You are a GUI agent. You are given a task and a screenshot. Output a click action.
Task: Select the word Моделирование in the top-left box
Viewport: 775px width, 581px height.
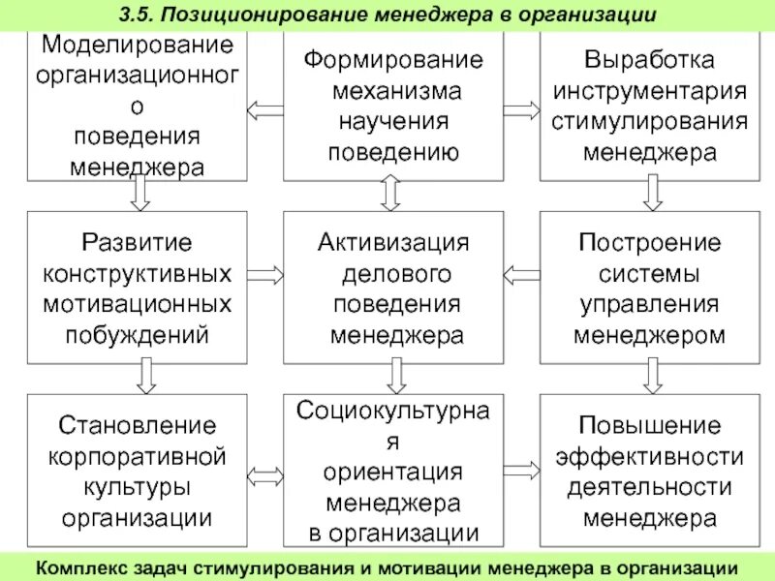click(x=138, y=45)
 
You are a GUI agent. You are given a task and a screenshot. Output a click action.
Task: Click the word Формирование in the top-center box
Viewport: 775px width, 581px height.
click(x=393, y=60)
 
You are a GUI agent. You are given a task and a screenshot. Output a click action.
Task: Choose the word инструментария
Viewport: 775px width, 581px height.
click(x=650, y=91)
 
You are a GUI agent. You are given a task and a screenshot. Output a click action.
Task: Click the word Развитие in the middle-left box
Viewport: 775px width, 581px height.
click(x=138, y=242)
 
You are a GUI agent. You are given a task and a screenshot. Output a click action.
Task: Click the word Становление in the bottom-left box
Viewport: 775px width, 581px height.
click(x=138, y=425)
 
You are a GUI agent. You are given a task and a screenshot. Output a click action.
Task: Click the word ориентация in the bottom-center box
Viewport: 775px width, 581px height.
click(x=393, y=472)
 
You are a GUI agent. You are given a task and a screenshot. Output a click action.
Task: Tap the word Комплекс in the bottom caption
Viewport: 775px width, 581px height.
click(x=78, y=566)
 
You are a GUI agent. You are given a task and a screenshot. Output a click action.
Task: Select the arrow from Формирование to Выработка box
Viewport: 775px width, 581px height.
click(x=521, y=109)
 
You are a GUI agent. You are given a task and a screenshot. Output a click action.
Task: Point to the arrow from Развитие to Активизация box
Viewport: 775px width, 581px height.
click(x=265, y=275)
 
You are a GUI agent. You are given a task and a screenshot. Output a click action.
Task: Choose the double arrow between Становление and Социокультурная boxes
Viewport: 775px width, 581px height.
click(x=265, y=475)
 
